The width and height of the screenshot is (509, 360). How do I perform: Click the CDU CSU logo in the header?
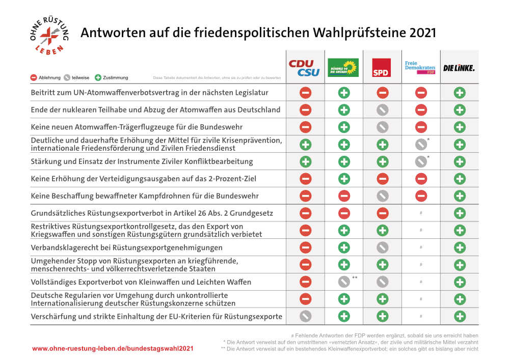point(304,68)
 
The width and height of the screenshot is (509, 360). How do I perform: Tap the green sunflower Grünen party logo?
point(343,67)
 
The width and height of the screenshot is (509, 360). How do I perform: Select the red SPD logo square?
point(381,68)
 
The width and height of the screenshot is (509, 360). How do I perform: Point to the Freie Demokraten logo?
point(420,67)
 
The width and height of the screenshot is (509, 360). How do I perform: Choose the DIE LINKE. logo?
point(459,68)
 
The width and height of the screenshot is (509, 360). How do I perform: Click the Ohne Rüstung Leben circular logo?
point(49,36)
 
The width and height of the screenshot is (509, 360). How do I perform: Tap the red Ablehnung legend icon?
point(34,77)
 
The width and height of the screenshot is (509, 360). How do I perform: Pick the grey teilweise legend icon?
point(67,77)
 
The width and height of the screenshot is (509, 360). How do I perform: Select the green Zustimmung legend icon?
point(98,77)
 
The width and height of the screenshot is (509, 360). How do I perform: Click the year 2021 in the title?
point(423,33)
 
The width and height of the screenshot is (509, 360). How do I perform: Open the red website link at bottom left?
point(113,349)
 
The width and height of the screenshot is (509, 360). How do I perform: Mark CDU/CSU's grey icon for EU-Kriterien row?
point(306,316)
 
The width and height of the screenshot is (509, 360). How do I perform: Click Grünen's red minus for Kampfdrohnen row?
point(344,196)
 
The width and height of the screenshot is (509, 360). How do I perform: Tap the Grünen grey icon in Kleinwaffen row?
point(344,282)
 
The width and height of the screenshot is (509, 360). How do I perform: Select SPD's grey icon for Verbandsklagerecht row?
point(383,247)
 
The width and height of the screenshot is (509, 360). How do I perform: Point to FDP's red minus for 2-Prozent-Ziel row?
point(421,179)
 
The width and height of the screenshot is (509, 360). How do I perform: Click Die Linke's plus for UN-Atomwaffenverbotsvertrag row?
point(460,93)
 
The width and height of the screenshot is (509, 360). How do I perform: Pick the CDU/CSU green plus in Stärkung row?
point(306,161)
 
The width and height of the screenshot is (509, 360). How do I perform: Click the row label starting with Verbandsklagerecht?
point(126,248)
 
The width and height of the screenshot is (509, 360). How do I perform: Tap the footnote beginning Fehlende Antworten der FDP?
point(385,336)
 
